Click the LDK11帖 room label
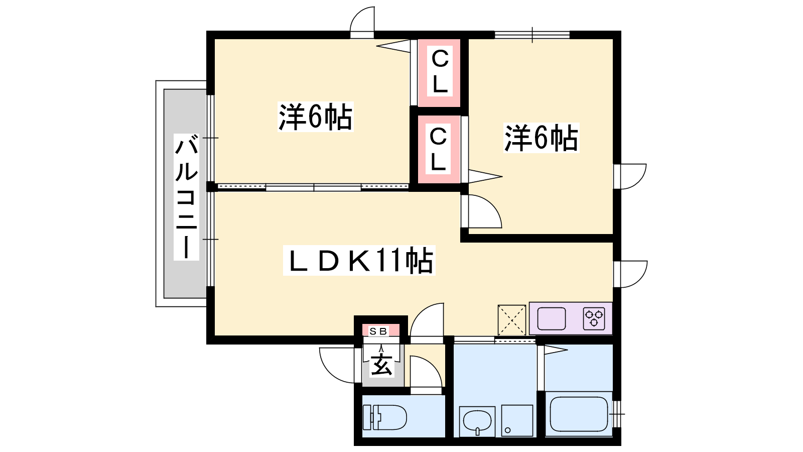click(x=359, y=261)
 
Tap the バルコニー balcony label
click(x=186, y=197)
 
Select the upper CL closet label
click(x=440, y=72)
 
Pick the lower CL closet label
click(x=438, y=149)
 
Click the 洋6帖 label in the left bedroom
click(x=316, y=117)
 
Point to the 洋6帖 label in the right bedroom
click(x=541, y=138)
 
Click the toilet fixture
click(x=384, y=417)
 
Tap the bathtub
click(x=579, y=414)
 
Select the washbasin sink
click(x=477, y=421)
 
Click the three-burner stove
click(x=594, y=318)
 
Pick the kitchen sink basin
click(x=552, y=318)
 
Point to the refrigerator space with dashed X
click(x=512, y=320)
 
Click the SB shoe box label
click(x=378, y=331)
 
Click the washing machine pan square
click(x=517, y=421)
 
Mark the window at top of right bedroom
click(x=532, y=35)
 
